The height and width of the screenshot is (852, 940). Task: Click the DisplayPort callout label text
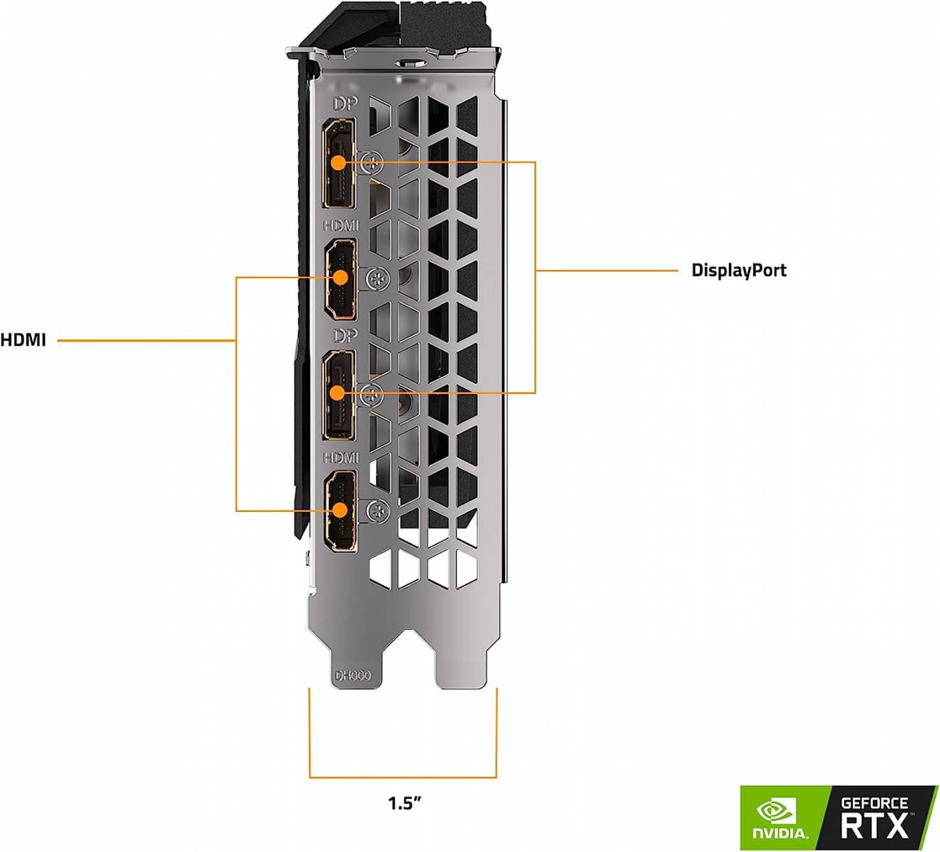[739, 271]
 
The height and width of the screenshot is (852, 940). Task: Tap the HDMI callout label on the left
[23, 341]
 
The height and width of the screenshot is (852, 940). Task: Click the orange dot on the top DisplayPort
[338, 163]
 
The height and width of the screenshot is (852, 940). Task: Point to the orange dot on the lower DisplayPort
[337, 393]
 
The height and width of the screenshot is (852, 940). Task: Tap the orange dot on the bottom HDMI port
[339, 510]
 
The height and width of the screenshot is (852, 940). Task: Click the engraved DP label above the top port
[345, 104]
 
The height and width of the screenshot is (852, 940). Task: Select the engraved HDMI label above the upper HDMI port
[340, 226]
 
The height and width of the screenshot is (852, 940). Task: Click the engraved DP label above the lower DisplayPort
[345, 335]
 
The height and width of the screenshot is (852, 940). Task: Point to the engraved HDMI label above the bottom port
[340, 457]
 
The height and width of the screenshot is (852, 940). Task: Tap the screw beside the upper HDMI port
[377, 279]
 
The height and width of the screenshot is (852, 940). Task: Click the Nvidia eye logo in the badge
[776, 812]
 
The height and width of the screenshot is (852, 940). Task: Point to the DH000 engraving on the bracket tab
[352, 676]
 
